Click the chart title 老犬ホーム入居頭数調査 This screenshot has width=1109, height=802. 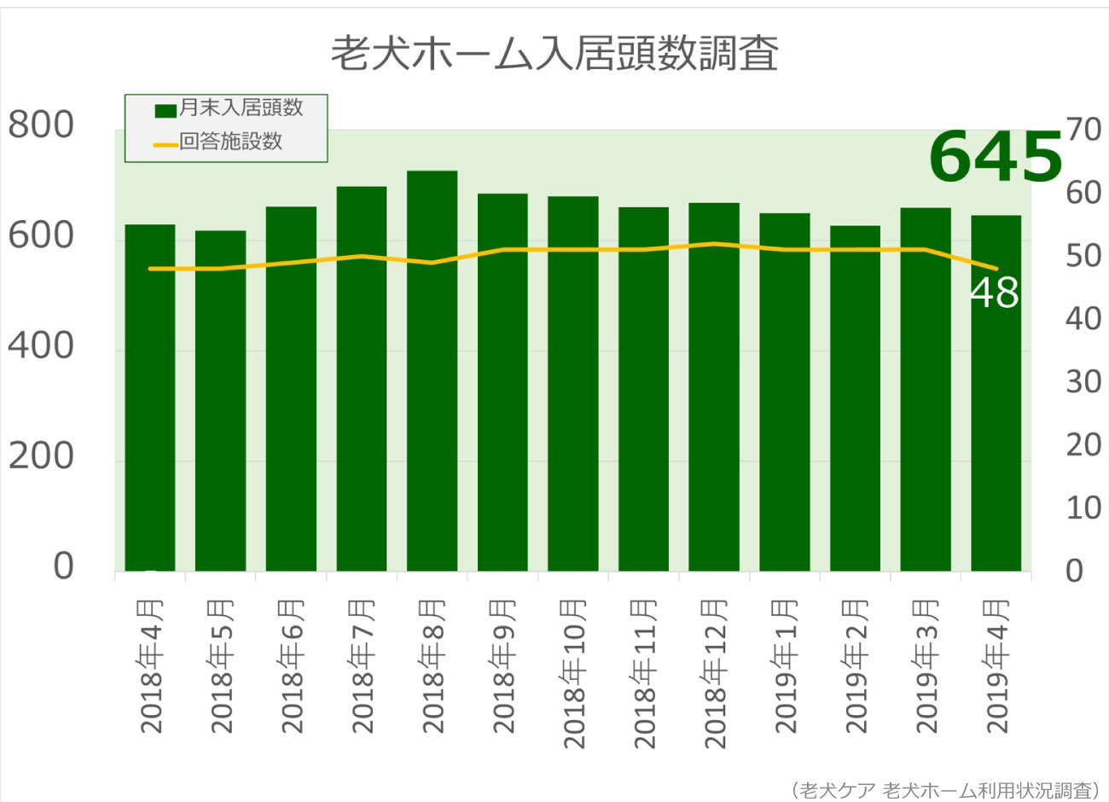pos(554,53)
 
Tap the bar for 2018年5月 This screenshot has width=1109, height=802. pos(221,401)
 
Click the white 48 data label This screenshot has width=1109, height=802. pos(995,293)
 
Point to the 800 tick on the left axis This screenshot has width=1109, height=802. pos(41,125)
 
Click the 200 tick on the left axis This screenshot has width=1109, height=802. pos(41,456)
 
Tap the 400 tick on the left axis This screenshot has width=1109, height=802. pos(41,346)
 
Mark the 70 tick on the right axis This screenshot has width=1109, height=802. pos(1083,131)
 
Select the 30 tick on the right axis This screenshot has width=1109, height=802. pos(1083,382)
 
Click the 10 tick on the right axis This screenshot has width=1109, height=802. pos(1083,509)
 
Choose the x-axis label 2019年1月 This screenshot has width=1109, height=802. pos(786,667)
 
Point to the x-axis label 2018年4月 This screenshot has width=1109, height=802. pos(151,667)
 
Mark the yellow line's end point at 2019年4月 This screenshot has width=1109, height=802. pos(996,269)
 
